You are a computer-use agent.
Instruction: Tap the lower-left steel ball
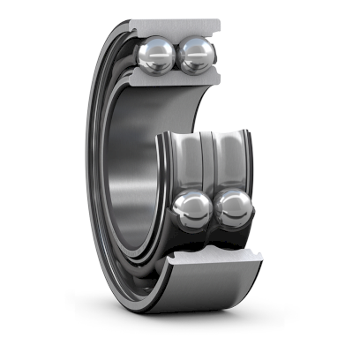pyautogui.click(x=192, y=210)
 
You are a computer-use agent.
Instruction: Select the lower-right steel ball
pyautogui.click(x=233, y=210)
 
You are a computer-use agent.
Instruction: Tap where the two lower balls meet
pyautogui.click(x=213, y=211)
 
